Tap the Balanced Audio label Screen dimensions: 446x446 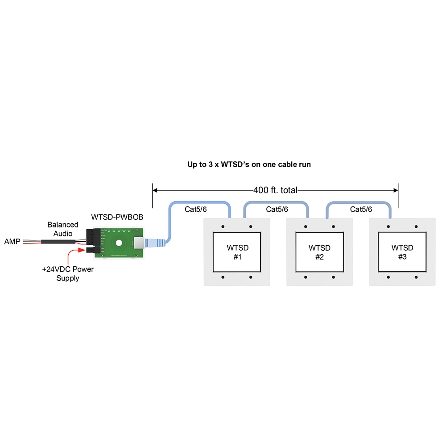(62, 229)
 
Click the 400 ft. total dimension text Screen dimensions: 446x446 (275, 190)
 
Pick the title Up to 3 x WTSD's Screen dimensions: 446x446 (249, 164)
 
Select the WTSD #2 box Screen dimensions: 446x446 (319, 252)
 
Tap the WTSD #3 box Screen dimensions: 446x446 (402, 252)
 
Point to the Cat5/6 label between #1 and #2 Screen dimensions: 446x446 (277, 209)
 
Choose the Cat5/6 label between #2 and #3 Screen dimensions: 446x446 (361, 209)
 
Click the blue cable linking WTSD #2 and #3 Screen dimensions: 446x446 (359, 202)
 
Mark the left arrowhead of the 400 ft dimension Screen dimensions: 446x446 (155, 190)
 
